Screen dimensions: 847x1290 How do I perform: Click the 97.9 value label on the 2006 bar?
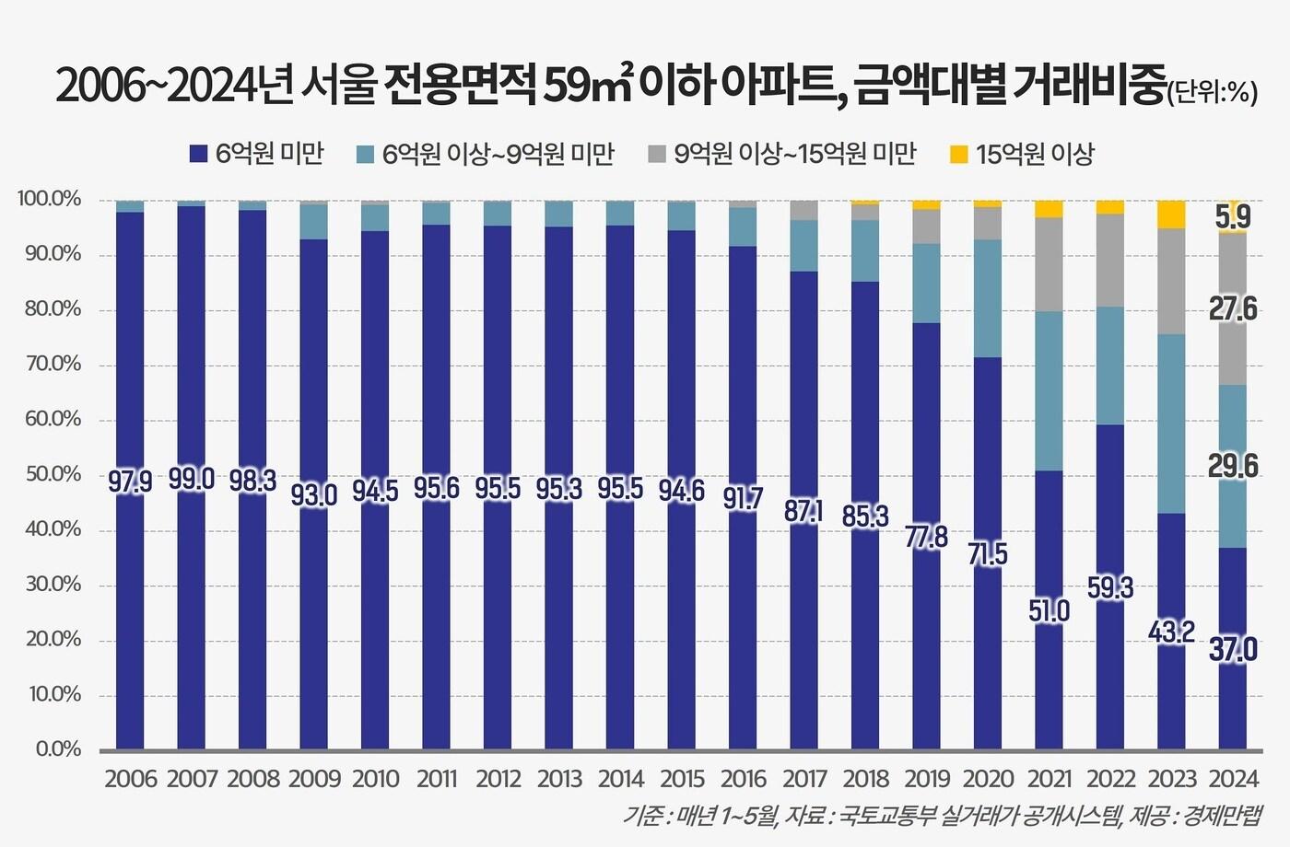(130, 482)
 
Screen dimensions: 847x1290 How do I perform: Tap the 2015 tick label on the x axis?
(682, 779)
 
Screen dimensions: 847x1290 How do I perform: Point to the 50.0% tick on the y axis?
(53, 475)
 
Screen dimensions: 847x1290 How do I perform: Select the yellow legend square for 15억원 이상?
(959, 155)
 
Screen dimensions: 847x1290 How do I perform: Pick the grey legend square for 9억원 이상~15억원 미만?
(657, 155)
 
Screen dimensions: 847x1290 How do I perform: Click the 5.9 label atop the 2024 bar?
(1232, 217)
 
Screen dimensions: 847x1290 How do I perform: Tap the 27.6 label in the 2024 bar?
(1232, 309)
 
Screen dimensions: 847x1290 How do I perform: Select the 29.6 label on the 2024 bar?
(1232, 467)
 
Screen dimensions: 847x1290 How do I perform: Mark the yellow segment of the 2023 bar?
(1171, 215)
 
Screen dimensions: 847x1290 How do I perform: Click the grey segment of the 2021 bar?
(1049, 264)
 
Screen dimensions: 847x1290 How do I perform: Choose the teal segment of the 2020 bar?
(988, 298)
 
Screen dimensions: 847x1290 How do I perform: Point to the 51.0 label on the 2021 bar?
(1049, 610)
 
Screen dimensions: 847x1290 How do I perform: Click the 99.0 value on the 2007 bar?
(192, 480)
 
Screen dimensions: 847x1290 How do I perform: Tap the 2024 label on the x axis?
(1233, 779)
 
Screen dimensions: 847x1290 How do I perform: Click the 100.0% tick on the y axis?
(49, 200)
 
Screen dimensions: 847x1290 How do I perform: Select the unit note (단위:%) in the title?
(1213, 92)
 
